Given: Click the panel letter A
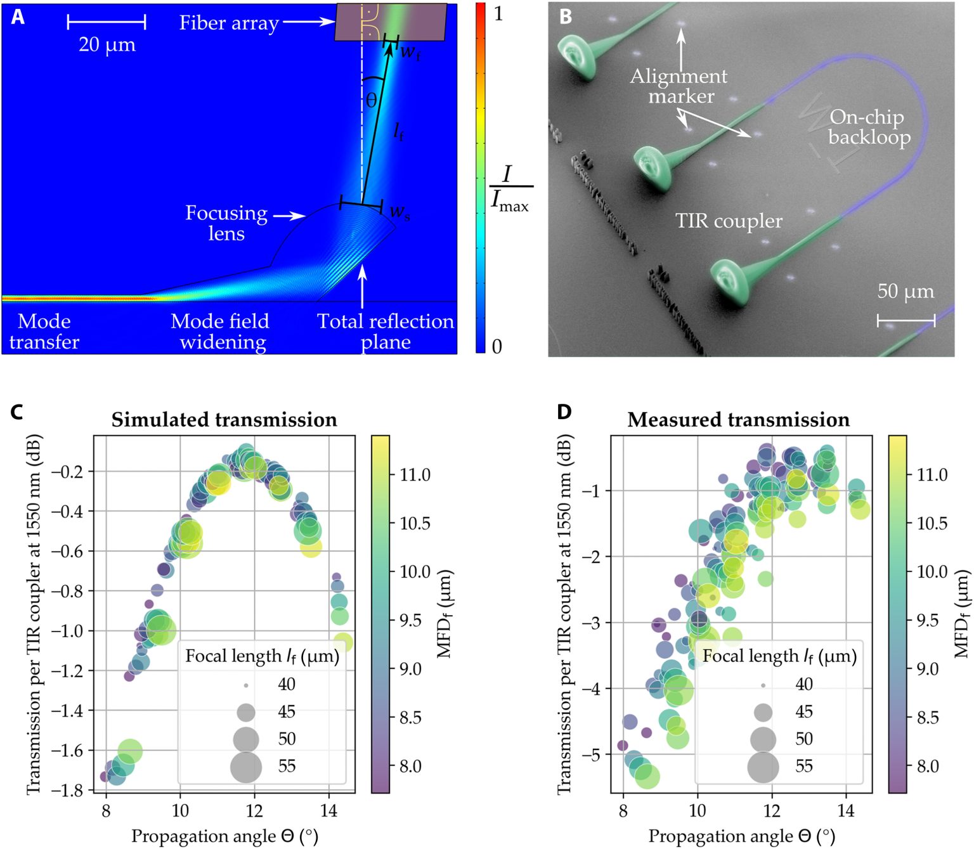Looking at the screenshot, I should tap(18, 16).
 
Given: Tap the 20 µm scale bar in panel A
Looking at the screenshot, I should tap(107, 23).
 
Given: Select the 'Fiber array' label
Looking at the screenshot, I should tap(229, 23).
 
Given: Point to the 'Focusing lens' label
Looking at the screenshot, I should tap(226, 223).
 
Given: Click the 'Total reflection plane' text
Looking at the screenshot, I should tap(386, 331).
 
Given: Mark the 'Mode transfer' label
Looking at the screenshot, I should tap(44, 331).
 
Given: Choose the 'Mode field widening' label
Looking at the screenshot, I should tap(221, 331).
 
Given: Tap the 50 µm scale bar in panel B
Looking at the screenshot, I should tap(906, 321).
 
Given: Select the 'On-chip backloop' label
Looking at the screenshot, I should tap(868, 127).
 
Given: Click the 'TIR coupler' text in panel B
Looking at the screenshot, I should tap(729, 221).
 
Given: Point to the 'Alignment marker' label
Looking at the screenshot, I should tap(679, 86).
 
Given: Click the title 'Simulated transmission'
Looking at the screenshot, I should tap(224, 420).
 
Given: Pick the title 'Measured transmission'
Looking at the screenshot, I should tap(739, 420).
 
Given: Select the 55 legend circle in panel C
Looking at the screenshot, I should tap(246, 766).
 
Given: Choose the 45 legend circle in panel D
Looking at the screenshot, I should tap(763, 712).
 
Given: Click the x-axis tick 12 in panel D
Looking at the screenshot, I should tap(772, 810).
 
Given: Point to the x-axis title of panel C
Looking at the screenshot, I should tap(224, 836).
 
